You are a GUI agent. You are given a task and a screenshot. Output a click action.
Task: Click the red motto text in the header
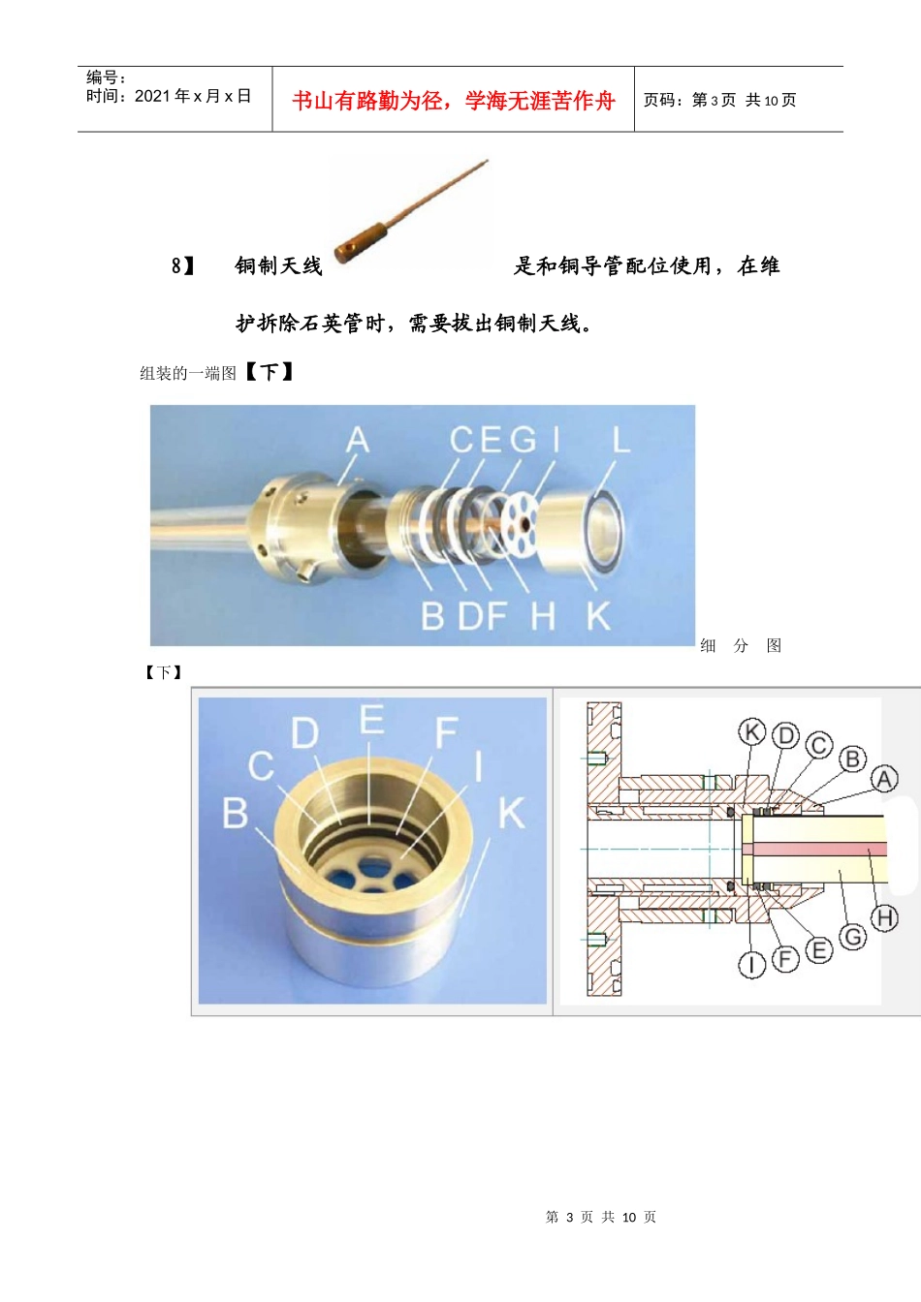(453, 101)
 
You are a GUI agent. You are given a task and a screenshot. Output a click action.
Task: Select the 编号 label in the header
(106, 77)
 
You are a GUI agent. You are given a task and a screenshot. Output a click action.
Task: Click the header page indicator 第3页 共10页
(719, 100)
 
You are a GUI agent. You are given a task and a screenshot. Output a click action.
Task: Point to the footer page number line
(600, 1217)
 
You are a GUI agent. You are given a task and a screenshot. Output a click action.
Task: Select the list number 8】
(182, 265)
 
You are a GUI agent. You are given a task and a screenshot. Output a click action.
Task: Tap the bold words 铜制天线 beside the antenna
(278, 265)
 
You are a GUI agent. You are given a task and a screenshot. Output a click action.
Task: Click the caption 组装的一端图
(188, 373)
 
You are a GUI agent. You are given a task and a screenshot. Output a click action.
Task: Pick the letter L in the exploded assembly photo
(620, 440)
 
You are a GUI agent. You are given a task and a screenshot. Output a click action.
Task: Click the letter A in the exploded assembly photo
(358, 440)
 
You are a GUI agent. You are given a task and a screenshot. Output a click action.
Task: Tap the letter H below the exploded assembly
(543, 615)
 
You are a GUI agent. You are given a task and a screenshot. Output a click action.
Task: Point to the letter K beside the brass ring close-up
(511, 814)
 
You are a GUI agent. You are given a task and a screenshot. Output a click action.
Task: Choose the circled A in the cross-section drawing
(884, 779)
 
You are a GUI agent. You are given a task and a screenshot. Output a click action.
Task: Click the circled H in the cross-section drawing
(884, 917)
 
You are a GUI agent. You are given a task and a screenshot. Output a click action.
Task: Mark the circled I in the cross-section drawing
(751, 964)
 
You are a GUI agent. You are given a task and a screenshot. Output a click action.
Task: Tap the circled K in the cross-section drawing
(752, 731)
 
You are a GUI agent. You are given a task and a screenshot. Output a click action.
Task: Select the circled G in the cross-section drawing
(852, 937)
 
